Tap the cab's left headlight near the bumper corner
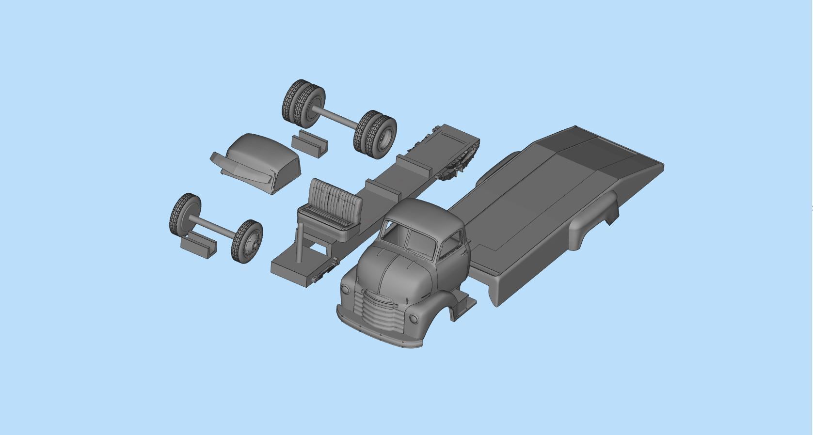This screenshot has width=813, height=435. pos(345,290)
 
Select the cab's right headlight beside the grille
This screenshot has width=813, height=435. pos(414,319)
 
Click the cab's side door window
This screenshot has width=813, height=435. pos(449,244)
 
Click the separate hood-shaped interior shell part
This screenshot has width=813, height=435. pos(262,160)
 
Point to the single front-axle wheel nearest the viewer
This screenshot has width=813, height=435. pos(247,241)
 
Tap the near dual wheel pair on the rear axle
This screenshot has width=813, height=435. pos(376,133)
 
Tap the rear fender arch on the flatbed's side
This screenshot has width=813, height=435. pos(594,218)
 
